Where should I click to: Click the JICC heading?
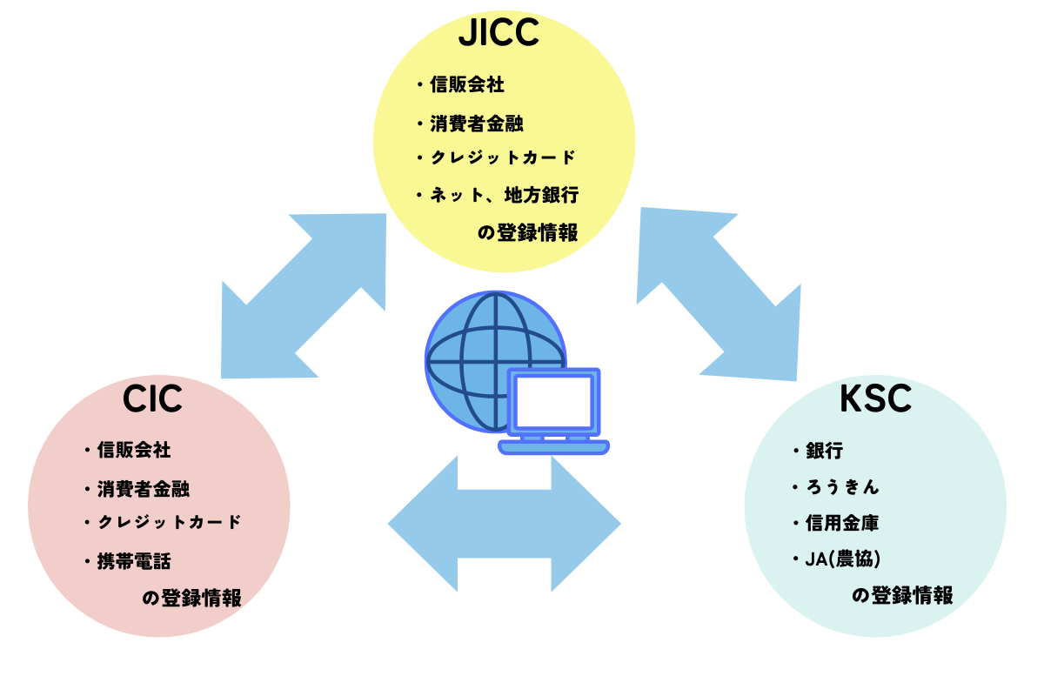pyautogui.click(x=499, y=33)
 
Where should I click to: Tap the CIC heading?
pyautogui.click(x=152, y=399)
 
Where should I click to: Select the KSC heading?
pyautogui.click(x=875, y=399)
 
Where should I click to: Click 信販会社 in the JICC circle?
pyautogui.click(x=467, y=85)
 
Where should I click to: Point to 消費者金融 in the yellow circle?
pyautogui.click(x=477, y=124)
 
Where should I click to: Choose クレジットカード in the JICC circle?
pyautogui.click(x=503, y=157)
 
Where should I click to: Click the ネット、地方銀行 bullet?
pyautogui.click(x=505, y=195)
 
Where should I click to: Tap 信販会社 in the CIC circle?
pyautogui.click(x=134, y=451)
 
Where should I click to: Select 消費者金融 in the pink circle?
pyautogui.click(x=143, y=490)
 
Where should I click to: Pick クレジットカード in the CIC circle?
pyautogui.click(x=169, y=522)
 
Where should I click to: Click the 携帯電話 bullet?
pyautogui.click(x=134, y=561)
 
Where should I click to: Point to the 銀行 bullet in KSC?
pyautogui.click(x=824, y=451)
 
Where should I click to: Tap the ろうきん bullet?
pyautogui.click(x=842, y=487)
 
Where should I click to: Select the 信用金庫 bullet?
pyautogui.click(x=842, y=523)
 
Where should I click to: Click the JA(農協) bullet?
pyautogui.click(x=843, y=559)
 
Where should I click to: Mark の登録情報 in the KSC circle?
pyautogui.click(x=902, y=596)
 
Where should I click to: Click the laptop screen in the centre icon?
pyautogui.click(x=553, y=402)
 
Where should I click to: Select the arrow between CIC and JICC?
pyautogui.click(x=304, y=296)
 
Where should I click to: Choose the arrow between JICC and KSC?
pyautogui.click(x=719, y=294)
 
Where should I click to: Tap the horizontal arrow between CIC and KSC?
pyautogui.click(x=505, y=524)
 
